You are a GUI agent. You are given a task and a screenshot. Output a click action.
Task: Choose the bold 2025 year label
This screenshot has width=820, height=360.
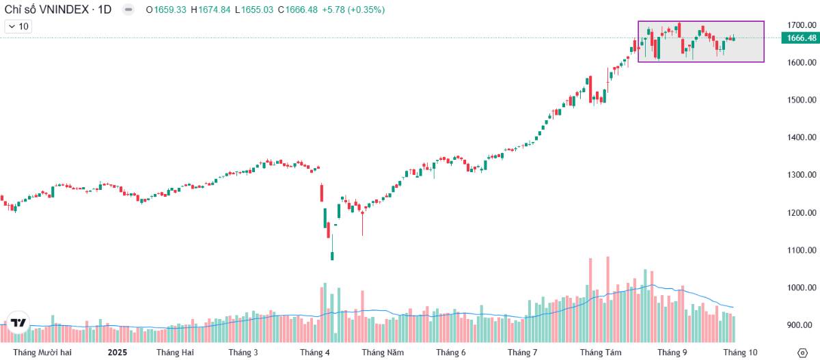click(x=118, y=352)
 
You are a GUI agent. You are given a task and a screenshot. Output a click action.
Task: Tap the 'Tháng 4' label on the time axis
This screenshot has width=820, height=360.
click(x=314, y=352)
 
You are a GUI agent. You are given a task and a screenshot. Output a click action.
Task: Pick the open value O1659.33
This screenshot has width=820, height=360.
click(x=167, y=10)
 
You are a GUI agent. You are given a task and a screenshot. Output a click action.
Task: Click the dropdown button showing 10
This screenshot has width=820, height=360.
click(x=18, y=27)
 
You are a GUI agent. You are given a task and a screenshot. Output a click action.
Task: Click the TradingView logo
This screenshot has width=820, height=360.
click(x=18, y=322)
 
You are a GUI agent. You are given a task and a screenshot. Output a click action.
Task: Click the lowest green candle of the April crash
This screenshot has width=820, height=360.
click(x=332, y=255)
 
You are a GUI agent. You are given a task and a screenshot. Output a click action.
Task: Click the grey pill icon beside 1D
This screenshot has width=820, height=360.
click(x=128, y=10)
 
